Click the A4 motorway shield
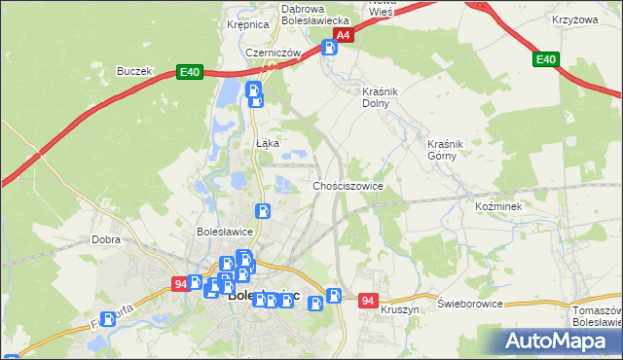pos(343,35)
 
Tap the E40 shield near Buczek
pos(189,72)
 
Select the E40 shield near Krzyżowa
pos(546,60)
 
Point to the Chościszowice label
pos(348,185)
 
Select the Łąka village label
pos(268,143)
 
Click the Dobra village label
pos(105,238)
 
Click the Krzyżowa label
pos(574,19)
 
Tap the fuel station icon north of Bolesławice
pos(263,210)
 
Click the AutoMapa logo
pos(560,342)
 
